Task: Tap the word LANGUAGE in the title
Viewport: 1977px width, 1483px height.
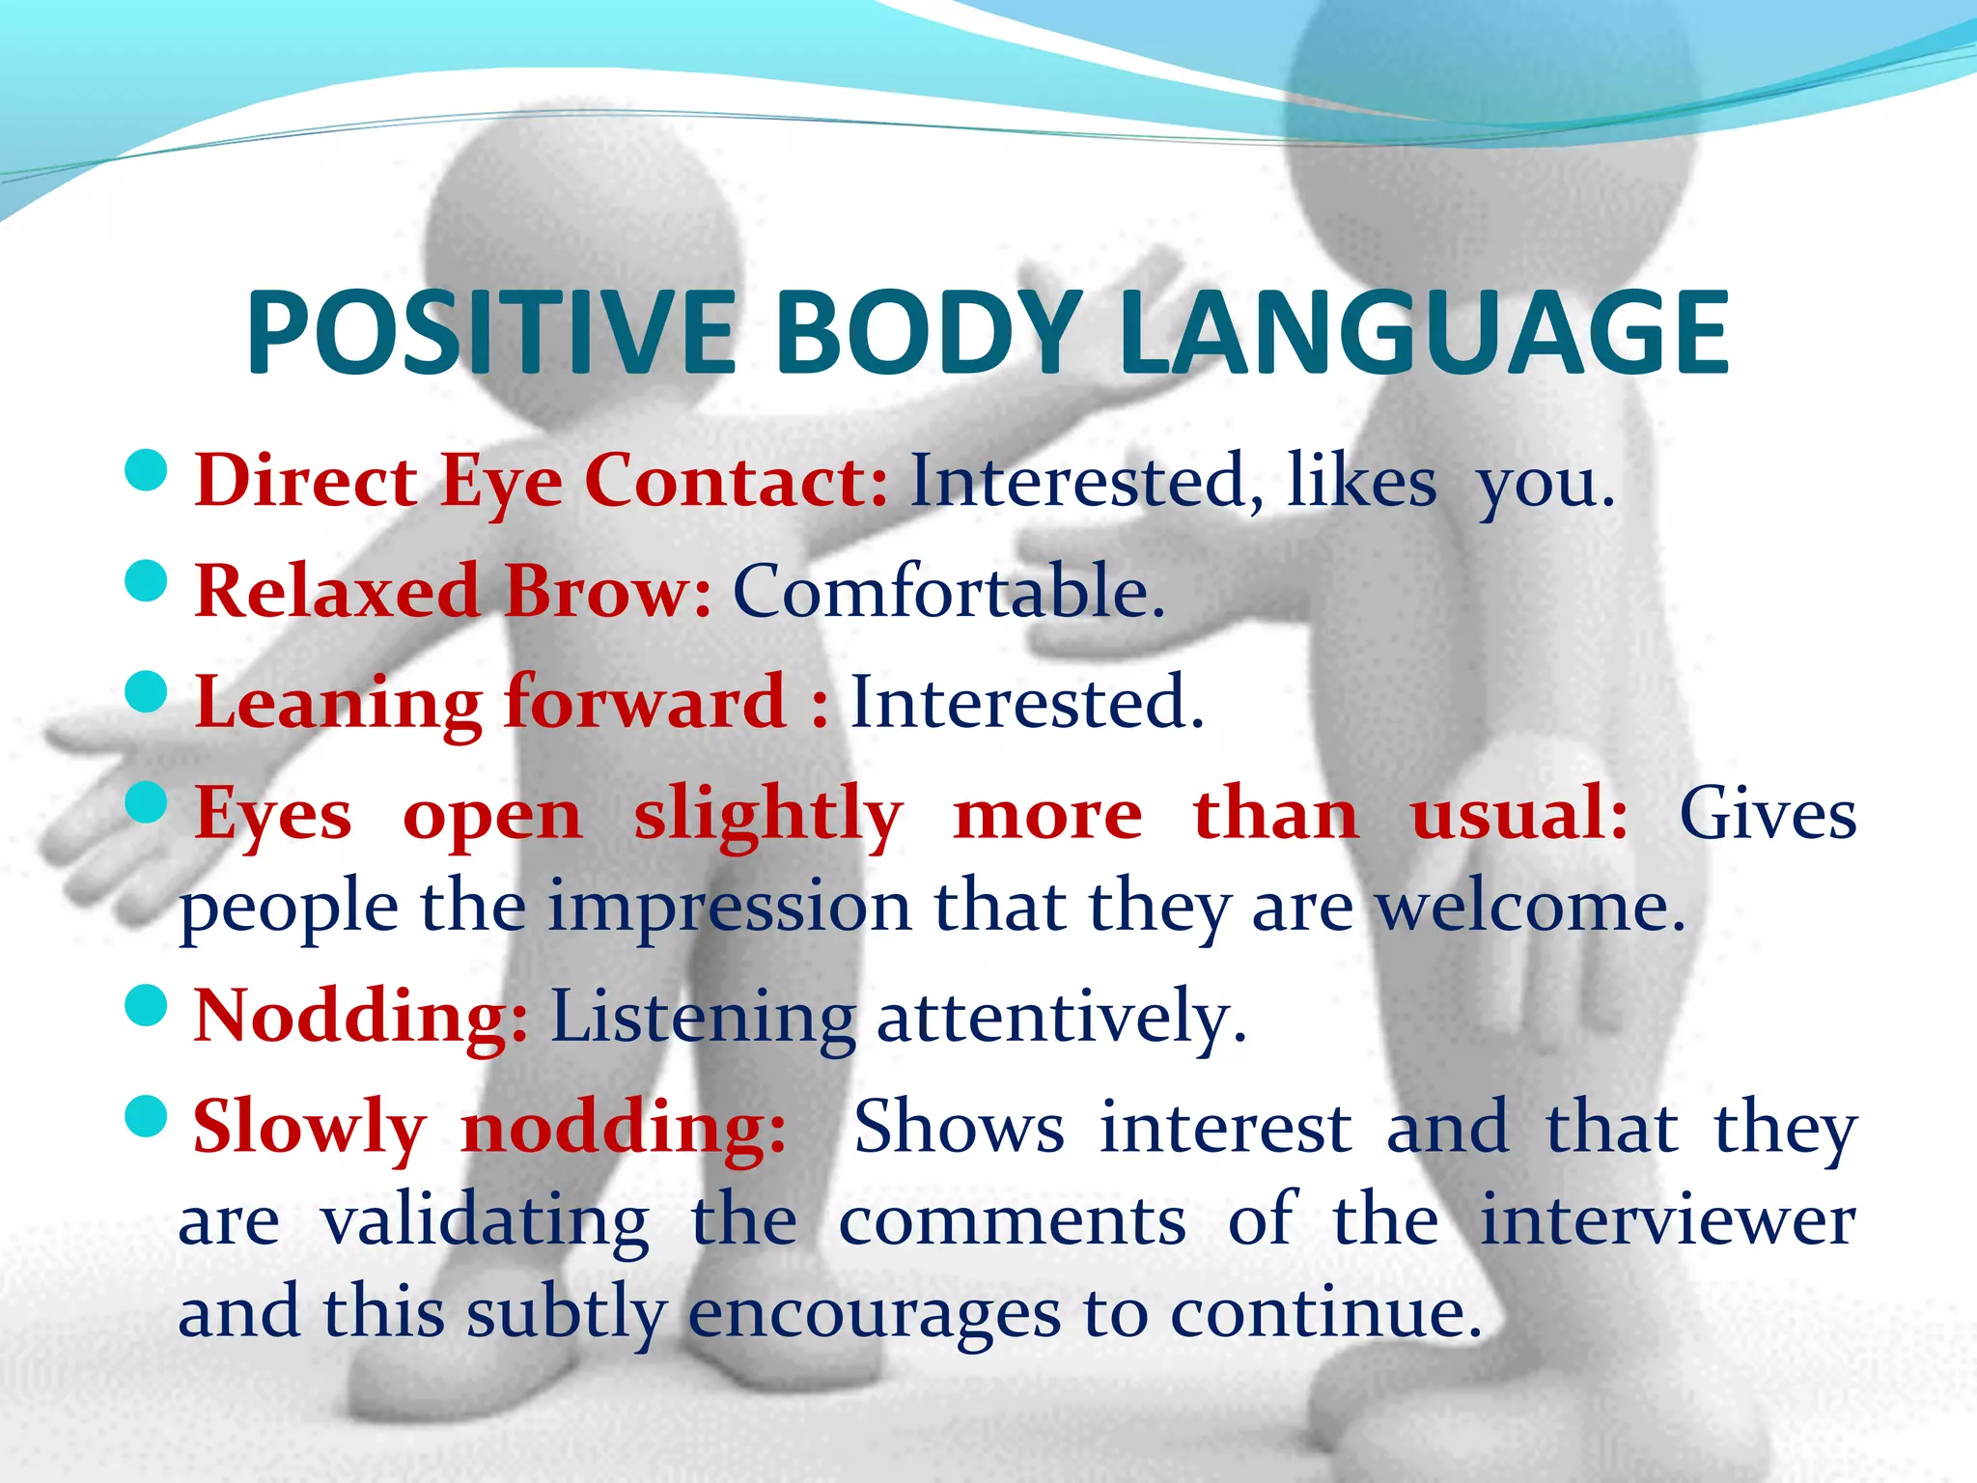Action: [x=1424, y=333]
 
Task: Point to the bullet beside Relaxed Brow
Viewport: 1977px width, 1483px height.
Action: [x=147, y=581]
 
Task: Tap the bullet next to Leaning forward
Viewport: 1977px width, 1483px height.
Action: [x=147, y=692]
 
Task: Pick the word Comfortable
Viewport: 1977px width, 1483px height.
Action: [x=949, y=591]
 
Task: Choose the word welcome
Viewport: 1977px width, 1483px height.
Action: [x=1530, y=908]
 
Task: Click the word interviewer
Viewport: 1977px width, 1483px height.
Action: [x=1667, y=1220]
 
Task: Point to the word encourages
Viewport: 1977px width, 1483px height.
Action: [x=875, y=1313]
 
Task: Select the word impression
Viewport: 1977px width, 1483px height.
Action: [x=730, y=908]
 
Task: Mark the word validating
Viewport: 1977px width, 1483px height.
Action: [x=485, y=1220]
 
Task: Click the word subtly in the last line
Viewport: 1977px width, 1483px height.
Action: [x=567, y=1313]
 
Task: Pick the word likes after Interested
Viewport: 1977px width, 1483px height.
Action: [x=1362, y=481]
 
